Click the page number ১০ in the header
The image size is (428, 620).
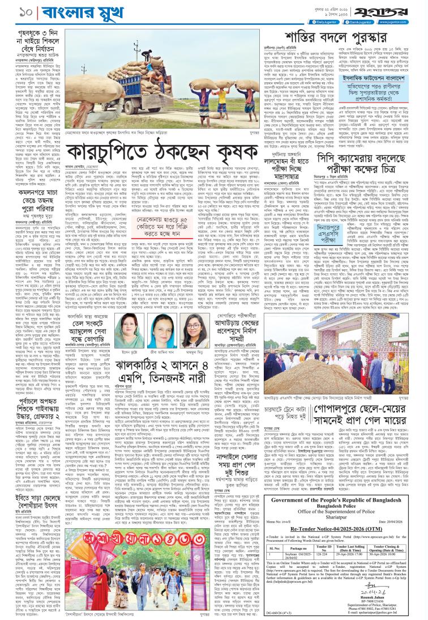tap(12, 11)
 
